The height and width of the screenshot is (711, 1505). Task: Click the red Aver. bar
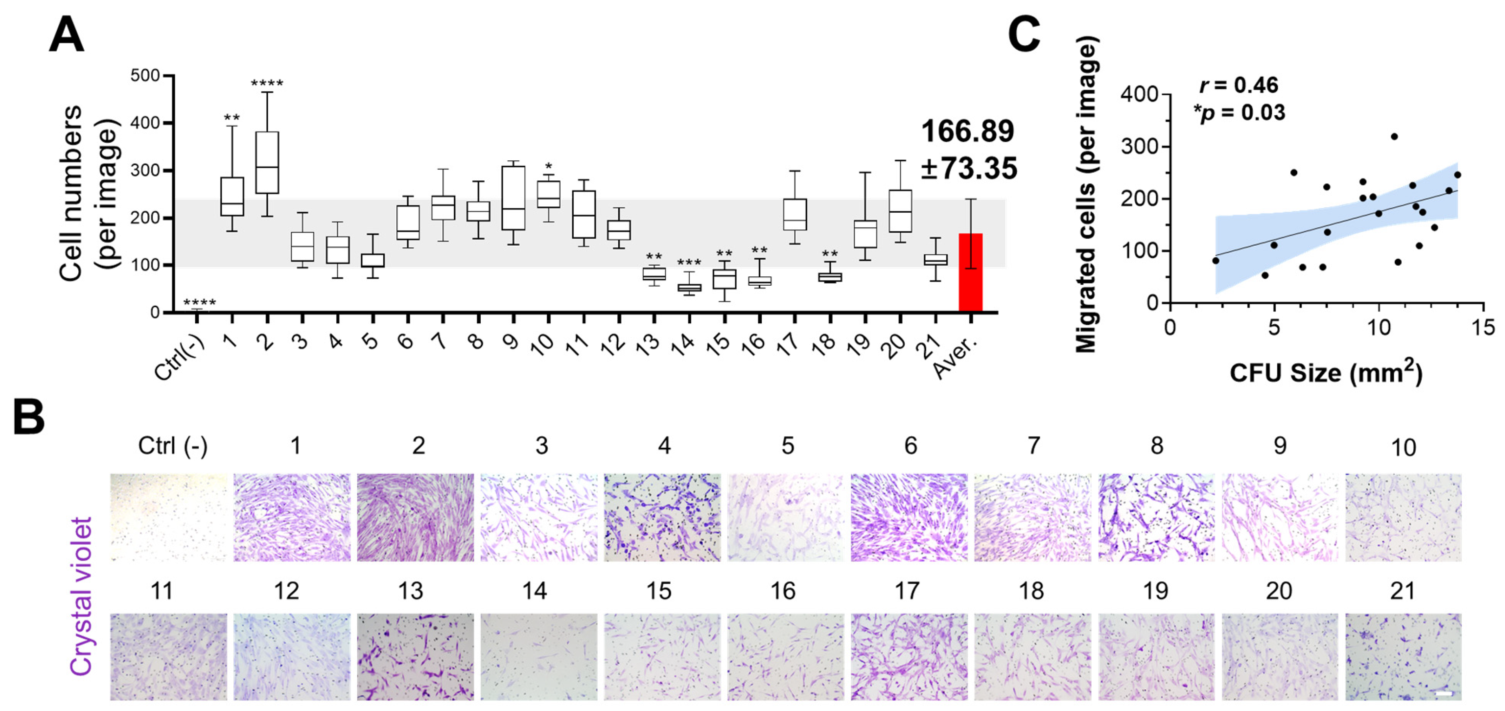(970, 272)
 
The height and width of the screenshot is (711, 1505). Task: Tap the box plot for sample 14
(689, 287)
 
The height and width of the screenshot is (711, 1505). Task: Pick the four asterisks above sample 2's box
(267, 84)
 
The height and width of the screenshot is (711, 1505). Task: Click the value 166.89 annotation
(968, 131)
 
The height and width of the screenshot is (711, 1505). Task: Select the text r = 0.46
(1239, 85)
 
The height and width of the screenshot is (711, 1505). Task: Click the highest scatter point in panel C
(1394, 137)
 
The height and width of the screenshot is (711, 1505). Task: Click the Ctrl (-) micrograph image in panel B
(169, 518)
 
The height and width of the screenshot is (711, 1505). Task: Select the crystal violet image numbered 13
(415, 657)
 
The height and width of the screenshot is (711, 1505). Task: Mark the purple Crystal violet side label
(81, 596)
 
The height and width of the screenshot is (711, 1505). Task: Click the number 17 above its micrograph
(907, 591)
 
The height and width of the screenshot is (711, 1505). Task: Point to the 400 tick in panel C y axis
(1139, 94)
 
